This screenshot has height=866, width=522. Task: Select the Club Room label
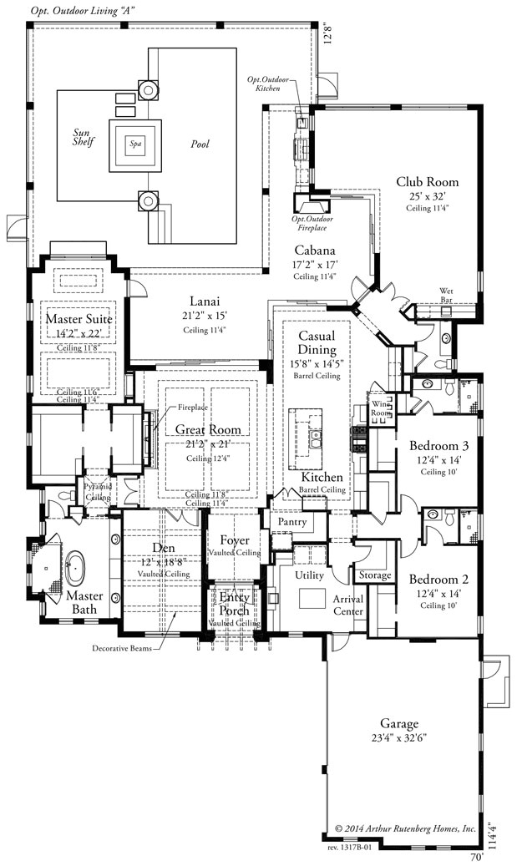tap(427, 182)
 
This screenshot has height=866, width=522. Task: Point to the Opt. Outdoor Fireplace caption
tap(309, 223)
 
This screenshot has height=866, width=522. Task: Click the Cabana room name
tap(314, 250)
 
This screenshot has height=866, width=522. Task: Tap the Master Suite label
tap(79, 319)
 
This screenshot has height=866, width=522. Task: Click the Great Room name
tap(208, 430)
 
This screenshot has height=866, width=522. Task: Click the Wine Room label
tap(381, 409)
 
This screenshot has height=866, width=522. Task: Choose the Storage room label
tap(373, 575)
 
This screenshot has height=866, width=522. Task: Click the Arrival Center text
tap(348, 605)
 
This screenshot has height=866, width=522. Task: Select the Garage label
tap(397, 723)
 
